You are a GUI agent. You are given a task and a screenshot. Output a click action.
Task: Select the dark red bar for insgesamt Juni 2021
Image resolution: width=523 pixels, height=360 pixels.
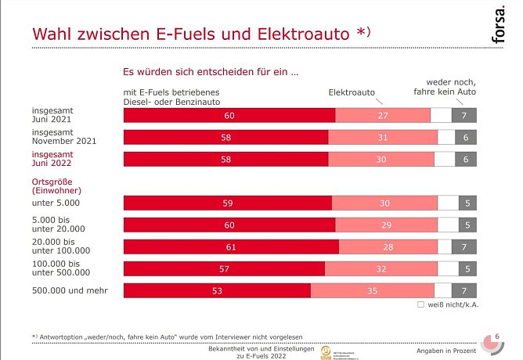pyautogui.click(x=229, y=115)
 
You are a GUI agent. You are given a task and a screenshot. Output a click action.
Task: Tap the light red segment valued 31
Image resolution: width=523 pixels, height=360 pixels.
pyautogui.click(x=383, y=137)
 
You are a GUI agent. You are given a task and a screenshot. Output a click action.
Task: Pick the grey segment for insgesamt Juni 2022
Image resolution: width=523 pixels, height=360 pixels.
pyautogui.click(x=466, y=159)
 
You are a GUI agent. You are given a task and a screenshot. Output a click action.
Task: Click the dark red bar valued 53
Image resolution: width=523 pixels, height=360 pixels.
pyautogui.click(x=217, y=290)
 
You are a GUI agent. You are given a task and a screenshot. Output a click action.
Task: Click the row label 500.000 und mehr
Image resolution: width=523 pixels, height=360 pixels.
pyautogui.click(x=70, y=291)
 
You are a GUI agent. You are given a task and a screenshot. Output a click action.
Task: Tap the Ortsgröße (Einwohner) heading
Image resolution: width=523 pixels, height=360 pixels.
pyautogui.click(x=57, y=185)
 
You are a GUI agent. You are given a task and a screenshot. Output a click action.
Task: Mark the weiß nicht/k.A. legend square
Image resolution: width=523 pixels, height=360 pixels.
pyautogui.click(x=420, y=304)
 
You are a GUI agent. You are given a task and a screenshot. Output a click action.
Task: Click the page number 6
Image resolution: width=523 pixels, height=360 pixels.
pyautogui.click(x=497, y=337)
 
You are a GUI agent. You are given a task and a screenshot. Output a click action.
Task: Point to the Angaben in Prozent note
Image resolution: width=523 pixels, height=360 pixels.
pyautogui.click(x=468, y=348)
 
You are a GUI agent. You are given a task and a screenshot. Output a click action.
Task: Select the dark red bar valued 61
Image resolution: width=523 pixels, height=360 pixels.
pyautogui.click(x=231, y=247)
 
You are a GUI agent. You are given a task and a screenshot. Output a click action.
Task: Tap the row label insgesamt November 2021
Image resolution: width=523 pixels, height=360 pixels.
pyautogui.click(x=64, y=137)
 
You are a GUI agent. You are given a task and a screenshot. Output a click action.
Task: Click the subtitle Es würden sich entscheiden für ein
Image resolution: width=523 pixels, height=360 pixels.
pyautogui.click(x=211, y=71)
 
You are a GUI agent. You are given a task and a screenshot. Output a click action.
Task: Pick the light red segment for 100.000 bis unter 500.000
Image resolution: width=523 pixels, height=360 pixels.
pyautogui.click(x=381, y=268)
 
